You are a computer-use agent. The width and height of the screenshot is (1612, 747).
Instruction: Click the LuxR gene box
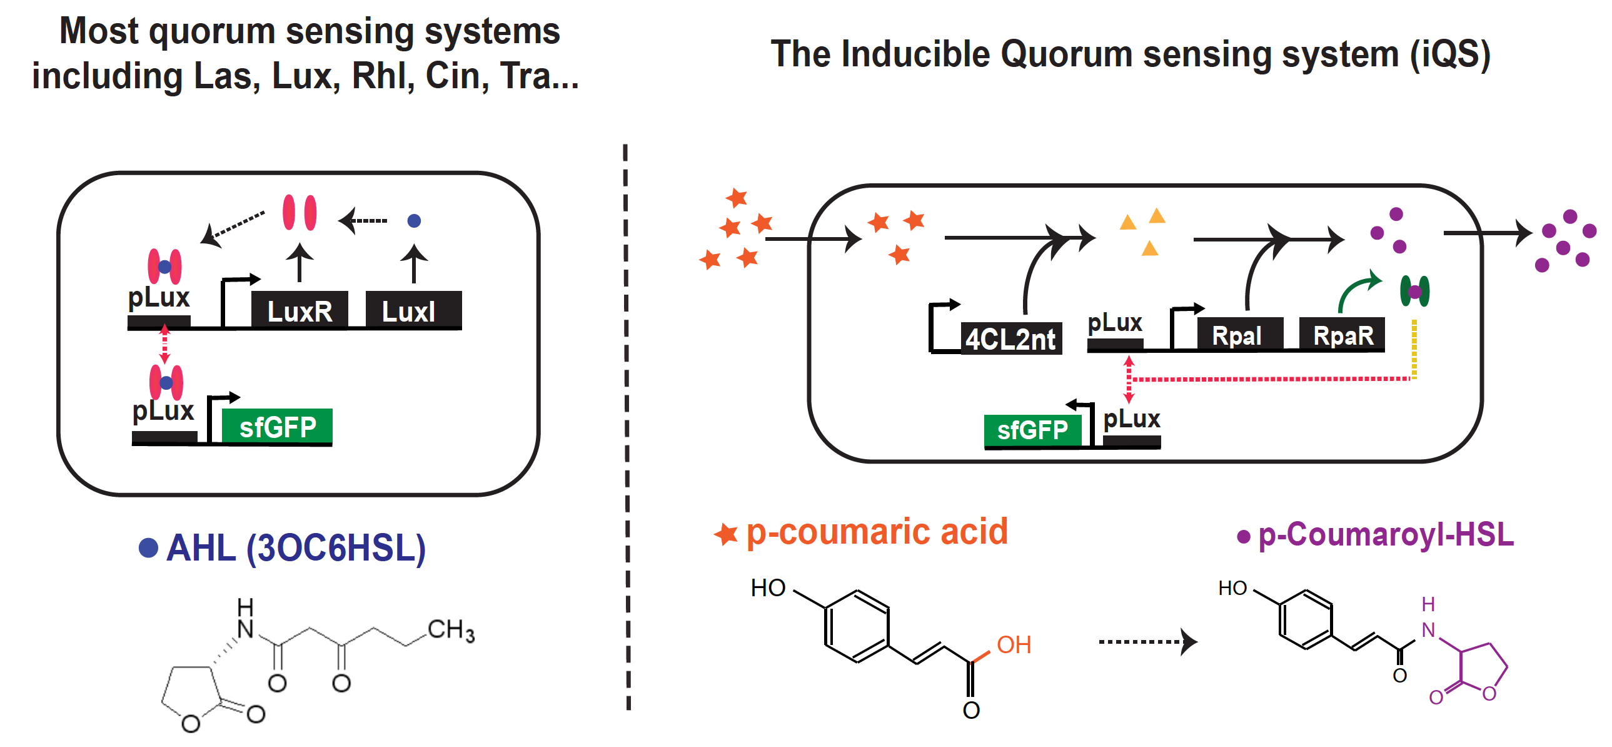pyautogui.click(x=300, y=310)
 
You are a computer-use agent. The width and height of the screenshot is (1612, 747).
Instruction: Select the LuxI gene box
pyautogui.click(x=413, y=310)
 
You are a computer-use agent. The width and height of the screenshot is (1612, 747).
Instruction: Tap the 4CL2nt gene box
pyautogui.click(x=1010, y=338)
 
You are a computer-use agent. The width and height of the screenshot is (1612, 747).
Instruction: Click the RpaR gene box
pyautogui.click(x=1342, y=335)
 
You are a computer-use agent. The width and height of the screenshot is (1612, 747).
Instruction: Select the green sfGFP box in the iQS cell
pyautogui.click(x=1032, y=430)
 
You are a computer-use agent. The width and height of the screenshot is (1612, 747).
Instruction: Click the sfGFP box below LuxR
pyautogui.click(x=277, y=427)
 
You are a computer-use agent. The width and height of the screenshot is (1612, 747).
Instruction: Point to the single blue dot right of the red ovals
pyautogui.click(x=414, y=220)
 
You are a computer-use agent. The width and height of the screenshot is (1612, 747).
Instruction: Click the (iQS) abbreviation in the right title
pyautogui.click(x=1450, y=54)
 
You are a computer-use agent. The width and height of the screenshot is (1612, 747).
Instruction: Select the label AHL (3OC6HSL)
pyautogui.click(x=295, y=548)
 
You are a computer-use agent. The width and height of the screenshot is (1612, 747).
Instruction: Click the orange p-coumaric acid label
pyautogui.click(x=876, y=532)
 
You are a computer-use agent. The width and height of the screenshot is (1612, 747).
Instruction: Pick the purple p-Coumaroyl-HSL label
pyautogui.click(x=1385, y=536)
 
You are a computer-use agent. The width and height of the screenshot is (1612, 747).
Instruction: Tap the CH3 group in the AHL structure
pyautogui.click(x=451, y=630)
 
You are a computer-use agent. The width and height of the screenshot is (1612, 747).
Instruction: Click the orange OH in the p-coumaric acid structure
pyautogui.click(x=1014, y=645)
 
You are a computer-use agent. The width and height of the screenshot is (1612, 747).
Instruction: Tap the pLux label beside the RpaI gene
pyautogui.click(x=1114, y=323)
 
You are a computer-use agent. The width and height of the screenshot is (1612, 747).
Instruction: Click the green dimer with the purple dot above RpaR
pyautogui.click(x=1414, y=291)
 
